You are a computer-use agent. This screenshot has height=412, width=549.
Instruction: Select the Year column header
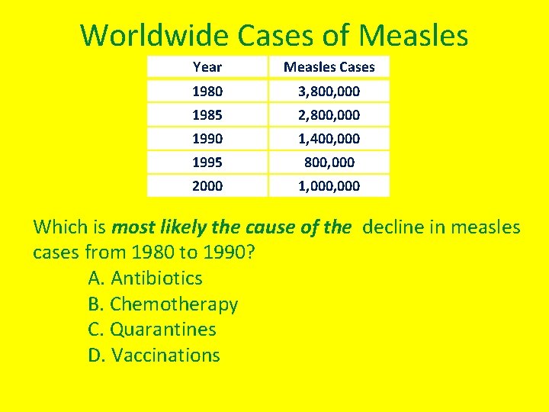click(207, 67)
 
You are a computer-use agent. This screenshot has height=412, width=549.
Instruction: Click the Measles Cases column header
click(329, 67)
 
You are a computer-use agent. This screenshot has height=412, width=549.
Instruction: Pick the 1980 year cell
click(207, 92)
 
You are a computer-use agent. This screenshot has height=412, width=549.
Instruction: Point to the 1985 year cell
click(207, 115)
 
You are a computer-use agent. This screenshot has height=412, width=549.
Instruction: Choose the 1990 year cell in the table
click(207, 139)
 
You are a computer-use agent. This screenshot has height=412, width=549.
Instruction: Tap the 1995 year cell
click(207, 163)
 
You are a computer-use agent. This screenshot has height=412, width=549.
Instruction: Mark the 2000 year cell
click(207, 186)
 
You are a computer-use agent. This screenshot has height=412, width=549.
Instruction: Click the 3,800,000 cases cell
click(329, 92)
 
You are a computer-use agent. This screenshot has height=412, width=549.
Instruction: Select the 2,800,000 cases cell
click(329, 115)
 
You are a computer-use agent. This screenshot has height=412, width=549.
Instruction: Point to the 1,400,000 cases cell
click(329, 139)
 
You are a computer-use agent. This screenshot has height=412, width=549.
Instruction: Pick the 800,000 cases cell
click(329, 163)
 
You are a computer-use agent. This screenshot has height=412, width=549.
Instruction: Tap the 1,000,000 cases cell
click(329, 186)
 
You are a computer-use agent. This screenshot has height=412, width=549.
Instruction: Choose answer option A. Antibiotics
click(146, 278)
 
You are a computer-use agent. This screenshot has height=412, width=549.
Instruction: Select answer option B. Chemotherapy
click(163, 304)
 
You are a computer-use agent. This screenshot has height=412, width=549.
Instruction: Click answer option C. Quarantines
click(152, 330)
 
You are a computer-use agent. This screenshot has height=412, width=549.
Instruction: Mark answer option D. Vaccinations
click(154, 356)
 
